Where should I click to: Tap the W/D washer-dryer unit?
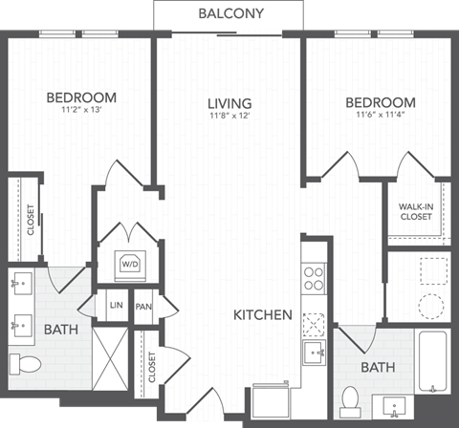(128, 262)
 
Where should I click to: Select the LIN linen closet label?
(117, 305)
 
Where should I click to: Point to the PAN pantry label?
(143, 306)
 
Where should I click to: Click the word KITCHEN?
(263, 314)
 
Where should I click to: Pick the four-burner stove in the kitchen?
(314, 278)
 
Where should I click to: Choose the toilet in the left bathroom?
(26, 364)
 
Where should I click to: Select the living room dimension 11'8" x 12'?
(229, 117)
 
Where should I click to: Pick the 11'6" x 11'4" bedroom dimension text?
(380, 116)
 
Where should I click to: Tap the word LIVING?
(229, 103)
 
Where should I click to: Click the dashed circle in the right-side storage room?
(431, 307)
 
